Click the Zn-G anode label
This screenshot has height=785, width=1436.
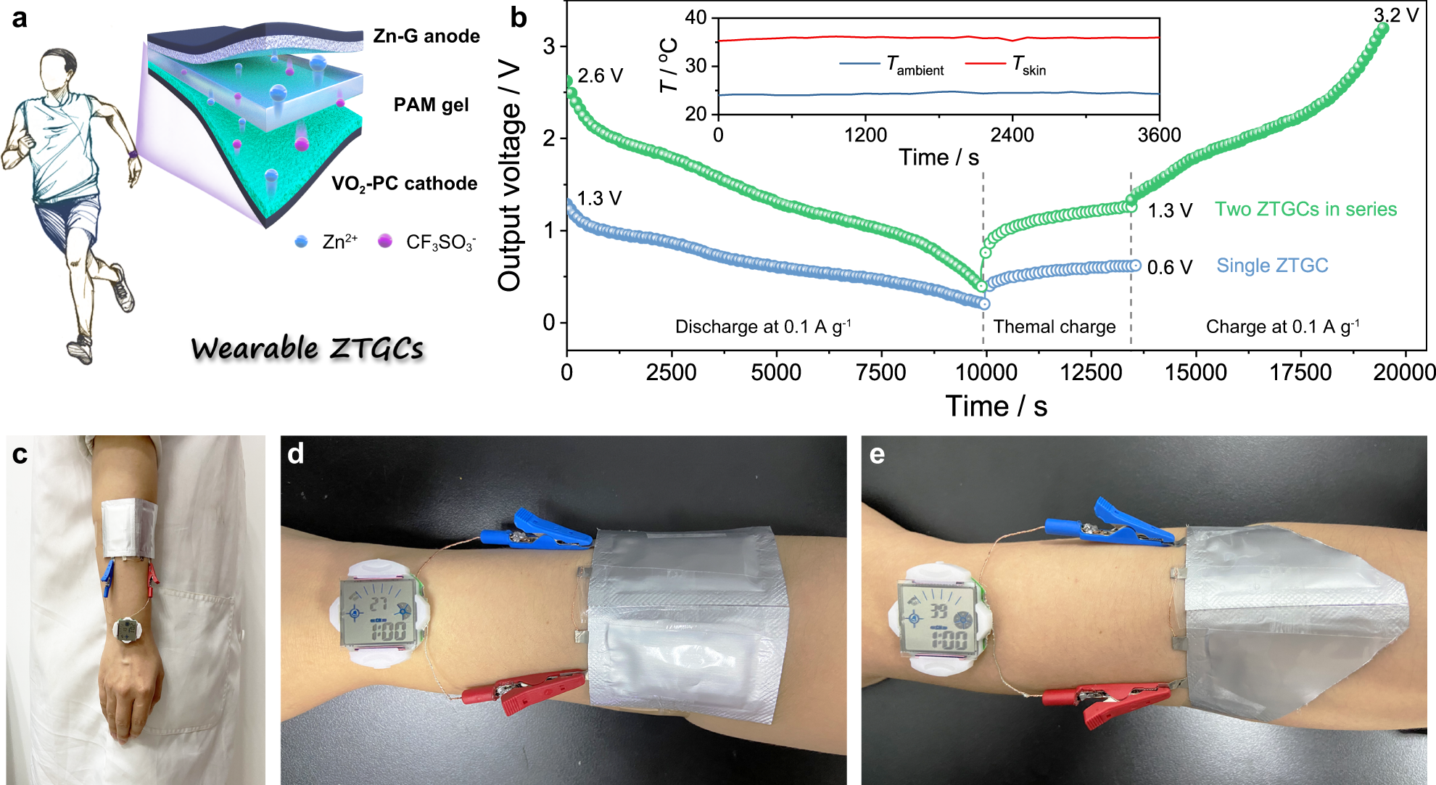(x=426, y=36)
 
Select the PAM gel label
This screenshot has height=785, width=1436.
(x=431, y=105)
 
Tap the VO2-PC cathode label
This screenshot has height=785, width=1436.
(x=404, y=184)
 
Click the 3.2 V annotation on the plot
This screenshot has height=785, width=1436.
(x=1396, y=15)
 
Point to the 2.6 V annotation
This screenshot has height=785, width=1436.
(x=600, y=76)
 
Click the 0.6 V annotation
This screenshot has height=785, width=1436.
(x=1169, y=268)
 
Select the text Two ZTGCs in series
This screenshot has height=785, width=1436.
(x=1305, y=210)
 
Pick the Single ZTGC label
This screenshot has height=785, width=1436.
(x=1272, y=266)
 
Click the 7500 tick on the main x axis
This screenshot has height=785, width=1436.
(x=880, y=373)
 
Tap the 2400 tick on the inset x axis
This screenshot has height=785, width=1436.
(x=1012, y=135)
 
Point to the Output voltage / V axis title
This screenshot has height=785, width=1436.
(x=510, y=176)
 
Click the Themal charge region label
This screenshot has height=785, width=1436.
(x=1054, y=327)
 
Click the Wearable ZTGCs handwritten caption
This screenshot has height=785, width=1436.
(x=307, y=349)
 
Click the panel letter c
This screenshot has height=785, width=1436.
(x=20, y=455)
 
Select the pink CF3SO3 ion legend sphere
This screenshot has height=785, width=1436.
(x=385, y=241)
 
